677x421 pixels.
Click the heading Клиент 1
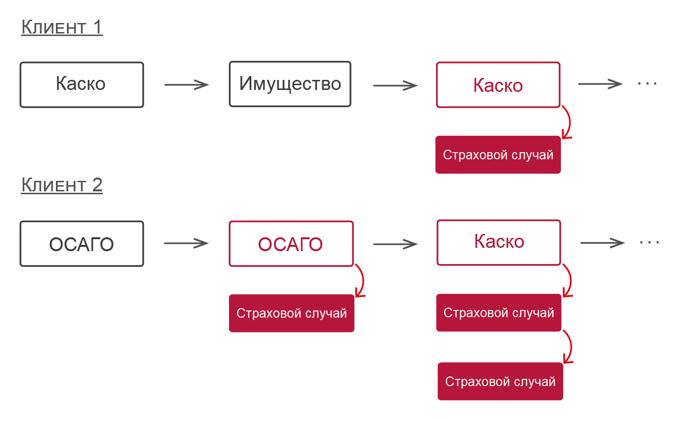[x=62, y=27]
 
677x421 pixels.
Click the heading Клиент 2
[x=62, y=185]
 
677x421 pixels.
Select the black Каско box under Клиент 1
[x=82, y=85]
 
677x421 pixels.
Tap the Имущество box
[x=290, y=84]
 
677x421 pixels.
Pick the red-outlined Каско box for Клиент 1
[x=498, y=85]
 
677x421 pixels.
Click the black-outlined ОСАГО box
[x=82, y=244]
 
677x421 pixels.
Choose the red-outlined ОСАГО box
[x=291, y=244]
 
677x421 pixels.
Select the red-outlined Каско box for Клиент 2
[x=499, y=243]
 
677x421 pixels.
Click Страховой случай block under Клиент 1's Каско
[x=498, y=155]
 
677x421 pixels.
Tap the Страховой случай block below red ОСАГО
[x=291, y=313]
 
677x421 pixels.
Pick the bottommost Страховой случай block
[x=500, y=381]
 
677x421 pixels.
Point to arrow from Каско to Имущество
[x=186, y=85]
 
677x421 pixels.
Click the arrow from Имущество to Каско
[x=395, y=86]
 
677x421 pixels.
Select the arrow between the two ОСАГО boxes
[x=186, y=244]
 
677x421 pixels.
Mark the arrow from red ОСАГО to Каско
[x=395, y=244]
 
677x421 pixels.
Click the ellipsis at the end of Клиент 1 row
[x=647, y=84]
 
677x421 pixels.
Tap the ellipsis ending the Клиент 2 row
[x=649, y=243]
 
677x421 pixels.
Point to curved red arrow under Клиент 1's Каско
[x=568, y=122]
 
